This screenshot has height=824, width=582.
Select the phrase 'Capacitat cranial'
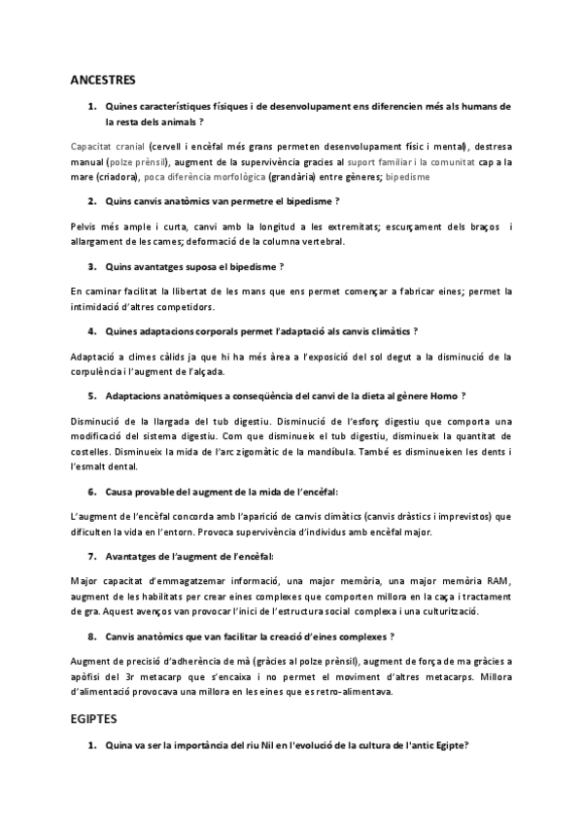(x=100, y=145)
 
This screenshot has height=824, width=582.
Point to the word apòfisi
(x=90, y=676)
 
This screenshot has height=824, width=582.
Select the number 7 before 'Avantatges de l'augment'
(x=91, y=557)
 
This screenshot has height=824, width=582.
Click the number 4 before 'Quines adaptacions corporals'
(x=91, y=331)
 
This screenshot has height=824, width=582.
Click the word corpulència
(x=100, y=370)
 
